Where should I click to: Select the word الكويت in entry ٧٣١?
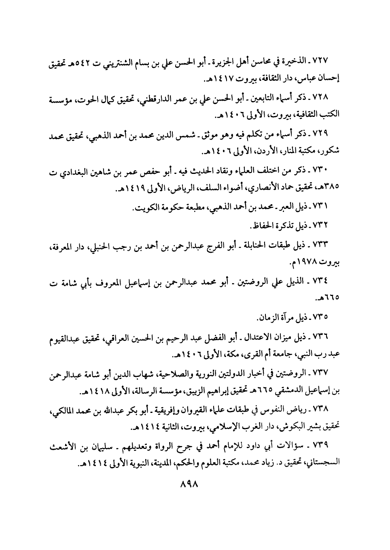pos(146,208)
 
